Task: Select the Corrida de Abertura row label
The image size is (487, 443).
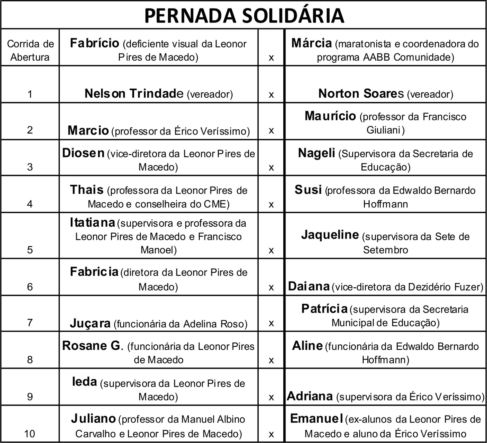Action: coord(30,51)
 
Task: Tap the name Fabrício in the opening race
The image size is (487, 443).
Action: coord(94,43)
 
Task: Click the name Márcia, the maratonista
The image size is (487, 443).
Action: coord(311,43)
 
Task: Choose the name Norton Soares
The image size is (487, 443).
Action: coord(361,93)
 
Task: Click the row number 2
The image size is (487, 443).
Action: coord(30,130)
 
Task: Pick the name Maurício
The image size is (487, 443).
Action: coord(330,116)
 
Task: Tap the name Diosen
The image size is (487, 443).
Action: coord(83,153)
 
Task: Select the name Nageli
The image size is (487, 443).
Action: coord(317,153)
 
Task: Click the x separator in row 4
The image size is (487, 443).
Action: coord(271,204)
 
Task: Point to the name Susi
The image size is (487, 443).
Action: coord(308,190)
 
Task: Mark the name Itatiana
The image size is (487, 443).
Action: coord(92,223)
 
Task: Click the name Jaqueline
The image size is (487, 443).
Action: coord(330,235)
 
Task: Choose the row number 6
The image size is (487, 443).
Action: coord(30,287)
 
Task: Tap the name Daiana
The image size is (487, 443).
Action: coord(309,286)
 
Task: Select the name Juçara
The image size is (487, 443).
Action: coord(90,323)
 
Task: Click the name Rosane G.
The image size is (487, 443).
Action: coord(91,346)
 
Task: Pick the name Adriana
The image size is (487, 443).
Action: coord(310,396)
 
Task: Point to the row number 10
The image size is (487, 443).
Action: coord(30,434)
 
